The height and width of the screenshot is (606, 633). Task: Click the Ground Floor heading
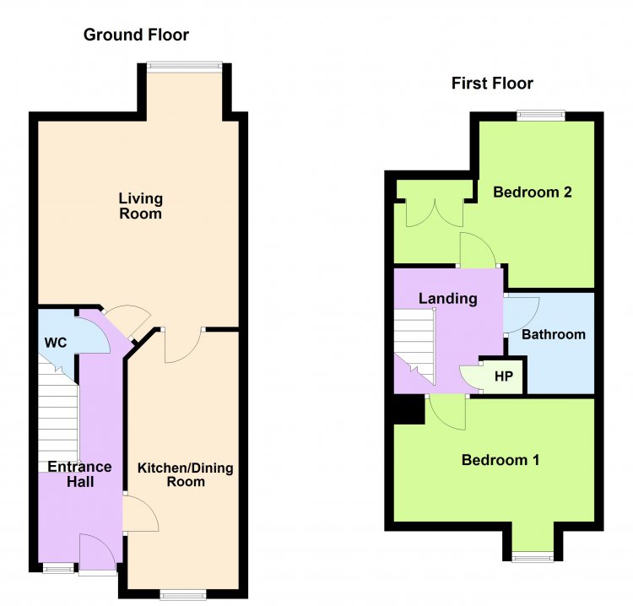(136, 35)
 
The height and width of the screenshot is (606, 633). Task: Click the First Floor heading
(492, 84)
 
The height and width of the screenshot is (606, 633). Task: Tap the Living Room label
(140, 206)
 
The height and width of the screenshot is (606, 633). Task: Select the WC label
(56, 343)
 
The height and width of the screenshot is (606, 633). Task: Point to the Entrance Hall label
(80, 474)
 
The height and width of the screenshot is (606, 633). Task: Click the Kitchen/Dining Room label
(186, 475)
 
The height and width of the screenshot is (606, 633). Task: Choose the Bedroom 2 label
(533, 192)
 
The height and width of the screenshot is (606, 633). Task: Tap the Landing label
(447, 299)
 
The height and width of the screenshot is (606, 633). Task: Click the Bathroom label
(554, 334)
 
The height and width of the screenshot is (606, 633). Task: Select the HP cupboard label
(504, 376)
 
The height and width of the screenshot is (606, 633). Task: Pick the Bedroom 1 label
(500, 460)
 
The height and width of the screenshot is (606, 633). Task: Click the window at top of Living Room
(185, 65)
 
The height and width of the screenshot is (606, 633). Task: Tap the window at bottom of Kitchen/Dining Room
(183, 594)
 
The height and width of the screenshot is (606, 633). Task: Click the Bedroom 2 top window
(541, 116)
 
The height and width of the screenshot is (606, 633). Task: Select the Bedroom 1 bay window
(533, 558)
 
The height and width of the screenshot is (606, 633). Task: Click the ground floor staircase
(58, 412)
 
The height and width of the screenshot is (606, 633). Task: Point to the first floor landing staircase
(415, 346)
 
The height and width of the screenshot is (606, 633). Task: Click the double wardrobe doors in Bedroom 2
(435, 213)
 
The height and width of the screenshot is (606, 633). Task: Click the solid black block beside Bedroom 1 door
(409, 409)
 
